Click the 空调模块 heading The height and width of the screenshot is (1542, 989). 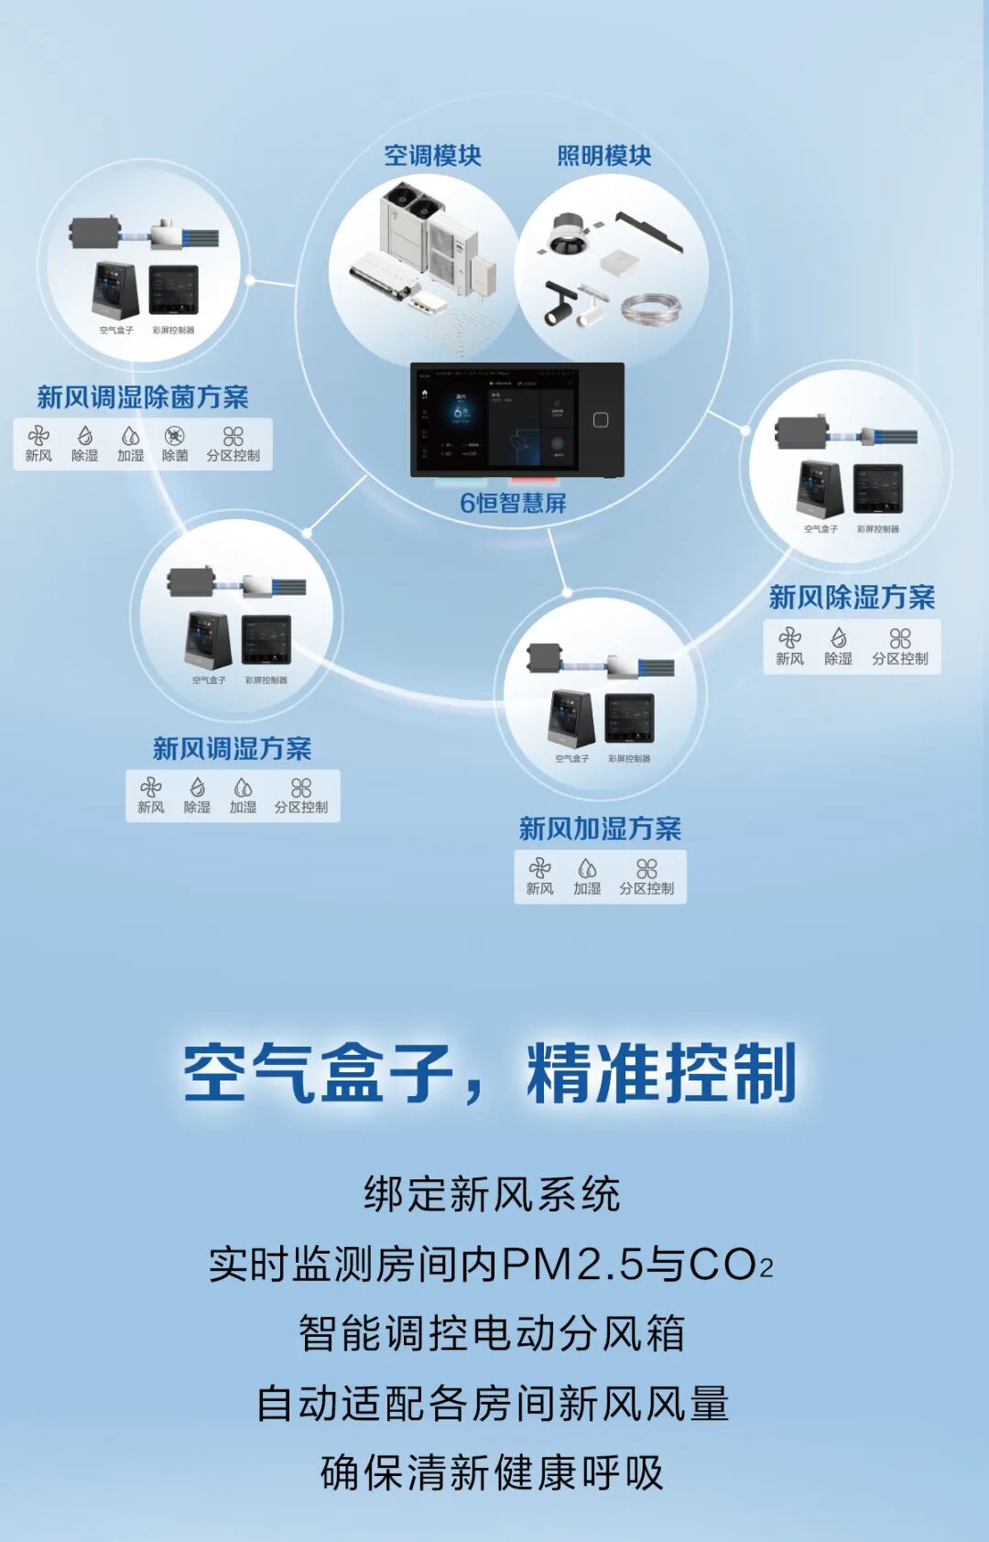coord(432,156)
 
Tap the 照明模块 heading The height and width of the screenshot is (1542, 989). coord(604,156)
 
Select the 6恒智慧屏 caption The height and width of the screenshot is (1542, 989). coord(513,503)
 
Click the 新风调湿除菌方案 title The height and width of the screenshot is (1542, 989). coord(143,396)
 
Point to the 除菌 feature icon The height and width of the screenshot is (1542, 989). coord(174,436)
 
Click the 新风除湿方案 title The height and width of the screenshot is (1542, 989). coord(852,597)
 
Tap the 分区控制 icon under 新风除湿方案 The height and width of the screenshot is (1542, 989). coord(900,638)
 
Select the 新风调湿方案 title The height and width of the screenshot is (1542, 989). coord(232,748)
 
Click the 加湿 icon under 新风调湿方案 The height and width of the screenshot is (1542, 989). coord(243,787)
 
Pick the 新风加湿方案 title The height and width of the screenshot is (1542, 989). coord(600,829)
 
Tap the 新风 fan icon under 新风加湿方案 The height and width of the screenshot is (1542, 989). coord(539,868)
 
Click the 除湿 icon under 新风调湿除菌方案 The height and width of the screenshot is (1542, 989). coord(84,436)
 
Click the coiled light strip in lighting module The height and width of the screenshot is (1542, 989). coord(651,308)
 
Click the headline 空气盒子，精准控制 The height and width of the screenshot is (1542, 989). coord(490,1071)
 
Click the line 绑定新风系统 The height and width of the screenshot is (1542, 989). coord(492,1195)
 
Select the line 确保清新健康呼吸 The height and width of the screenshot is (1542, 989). coord(492,1473)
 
